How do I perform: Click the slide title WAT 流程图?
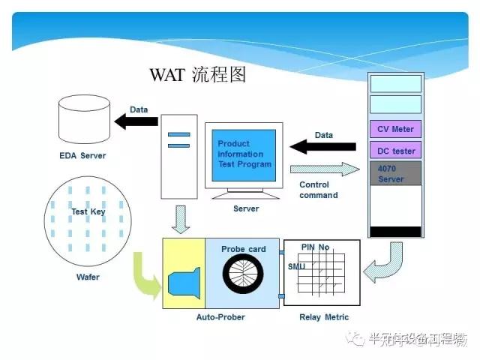click(x=198, y=75)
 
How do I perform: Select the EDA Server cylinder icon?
click(x=82, y=122)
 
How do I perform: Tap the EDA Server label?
click(x=82, y=156)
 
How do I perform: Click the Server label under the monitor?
click(x=246, y=208)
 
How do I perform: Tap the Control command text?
click(x=319, y=190)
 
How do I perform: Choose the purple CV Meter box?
click(x=395, y=128)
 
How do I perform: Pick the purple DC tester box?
click(x=395, y=151)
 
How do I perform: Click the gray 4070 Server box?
click(x=395, y=174)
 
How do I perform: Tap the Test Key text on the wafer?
click(x=88, y=212)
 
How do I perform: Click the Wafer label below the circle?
click(x=88, y=277)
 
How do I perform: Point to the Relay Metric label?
click(x=326, y=317)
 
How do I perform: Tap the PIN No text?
click(x=315, y=247)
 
